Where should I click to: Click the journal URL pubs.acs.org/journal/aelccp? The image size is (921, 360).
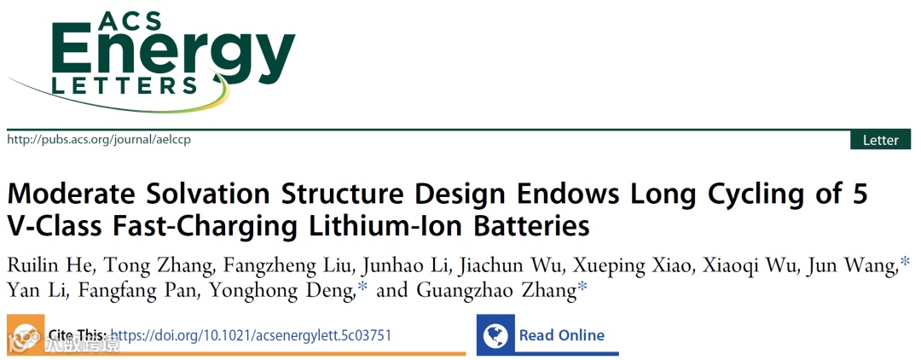point(99,139)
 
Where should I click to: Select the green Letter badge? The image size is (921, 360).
point(880,140)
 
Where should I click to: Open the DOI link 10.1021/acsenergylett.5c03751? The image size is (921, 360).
point(251,335)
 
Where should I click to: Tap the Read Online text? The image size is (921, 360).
point(561,335)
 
